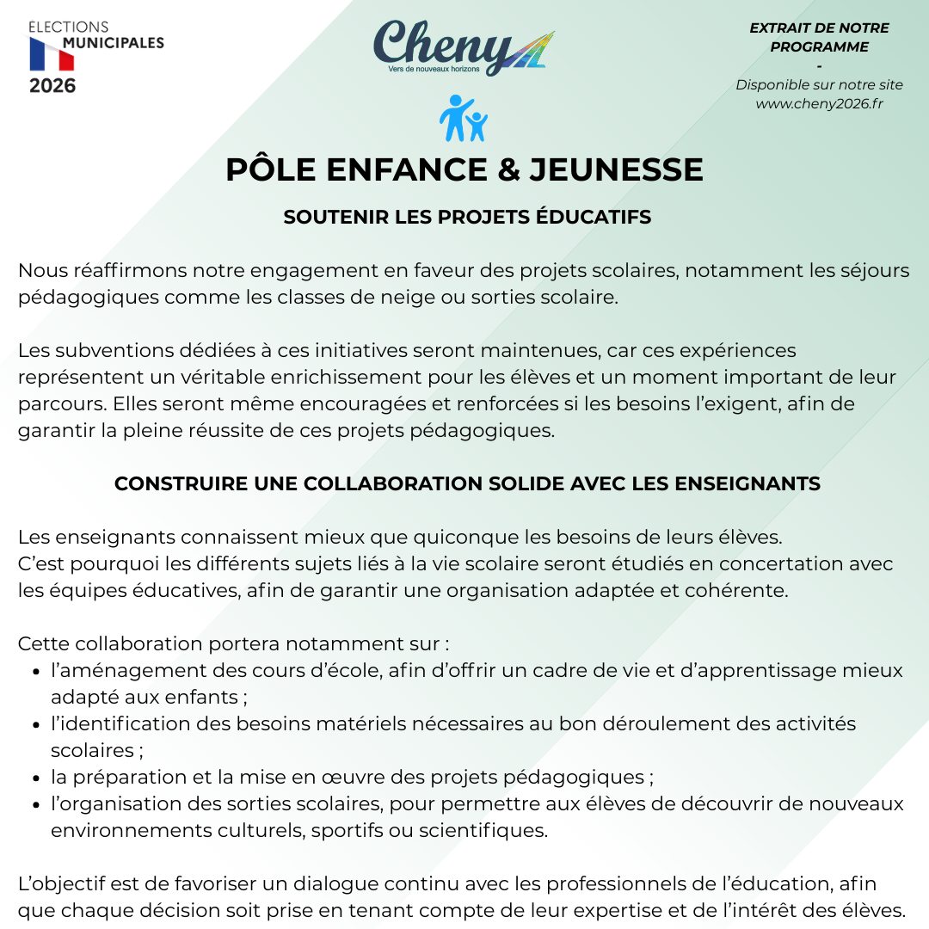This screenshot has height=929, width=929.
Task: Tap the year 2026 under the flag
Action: click(x=52, y=86)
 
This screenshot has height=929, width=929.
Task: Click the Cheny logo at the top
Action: click(x=463, y=48)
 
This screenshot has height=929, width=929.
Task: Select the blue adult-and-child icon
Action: click(x=463, y=119)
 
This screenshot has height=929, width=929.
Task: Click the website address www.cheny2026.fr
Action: click(x=819, y=103)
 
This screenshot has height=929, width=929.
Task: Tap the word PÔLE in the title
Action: click(x=265, y=169)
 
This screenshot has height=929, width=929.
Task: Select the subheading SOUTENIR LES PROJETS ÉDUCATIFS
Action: click(x=467, y=217)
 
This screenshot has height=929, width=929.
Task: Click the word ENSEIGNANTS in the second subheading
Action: click(x=748, y=483)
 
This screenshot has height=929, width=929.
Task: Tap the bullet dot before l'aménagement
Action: click(x=35, y=672)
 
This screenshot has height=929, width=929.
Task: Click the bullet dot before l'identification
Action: click(x=35, y=725)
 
